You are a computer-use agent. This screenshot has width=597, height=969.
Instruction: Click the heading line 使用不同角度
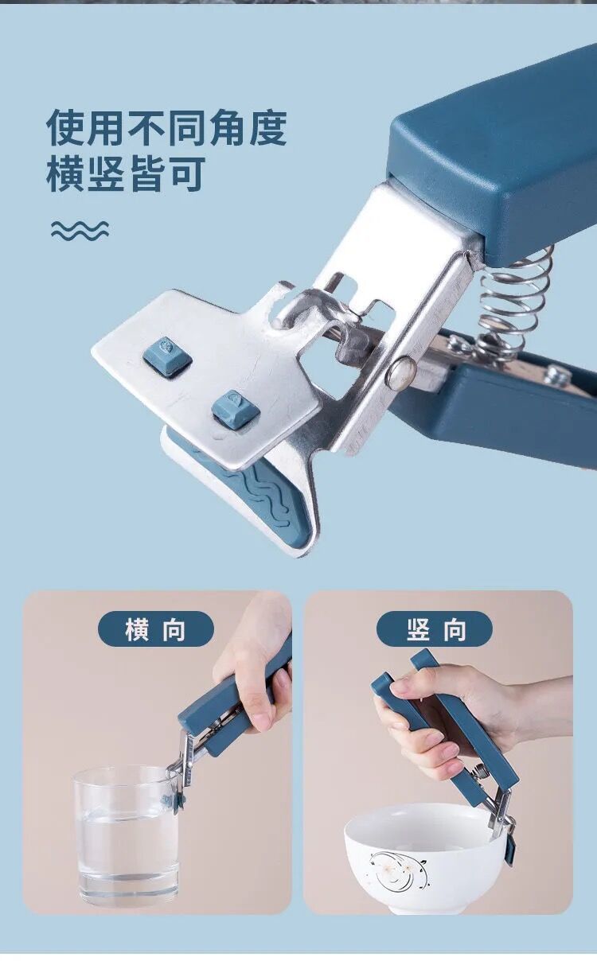point(166,128)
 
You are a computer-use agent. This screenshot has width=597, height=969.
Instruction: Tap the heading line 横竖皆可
point(126,174)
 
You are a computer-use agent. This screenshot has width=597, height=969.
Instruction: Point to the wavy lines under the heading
point(80,230)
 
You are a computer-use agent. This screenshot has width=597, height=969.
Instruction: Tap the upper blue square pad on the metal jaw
point(166,356)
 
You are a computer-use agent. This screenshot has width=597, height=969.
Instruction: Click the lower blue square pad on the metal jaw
point(235,410)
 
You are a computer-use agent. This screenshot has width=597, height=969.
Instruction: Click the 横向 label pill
point(156,629)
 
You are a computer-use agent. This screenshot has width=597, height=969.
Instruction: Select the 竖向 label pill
point(435,629)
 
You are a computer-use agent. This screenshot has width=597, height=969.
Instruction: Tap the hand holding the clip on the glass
point(256,649)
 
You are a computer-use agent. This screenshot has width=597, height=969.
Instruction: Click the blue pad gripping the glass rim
point(174,800)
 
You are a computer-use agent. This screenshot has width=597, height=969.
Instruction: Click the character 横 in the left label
point(137,629)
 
